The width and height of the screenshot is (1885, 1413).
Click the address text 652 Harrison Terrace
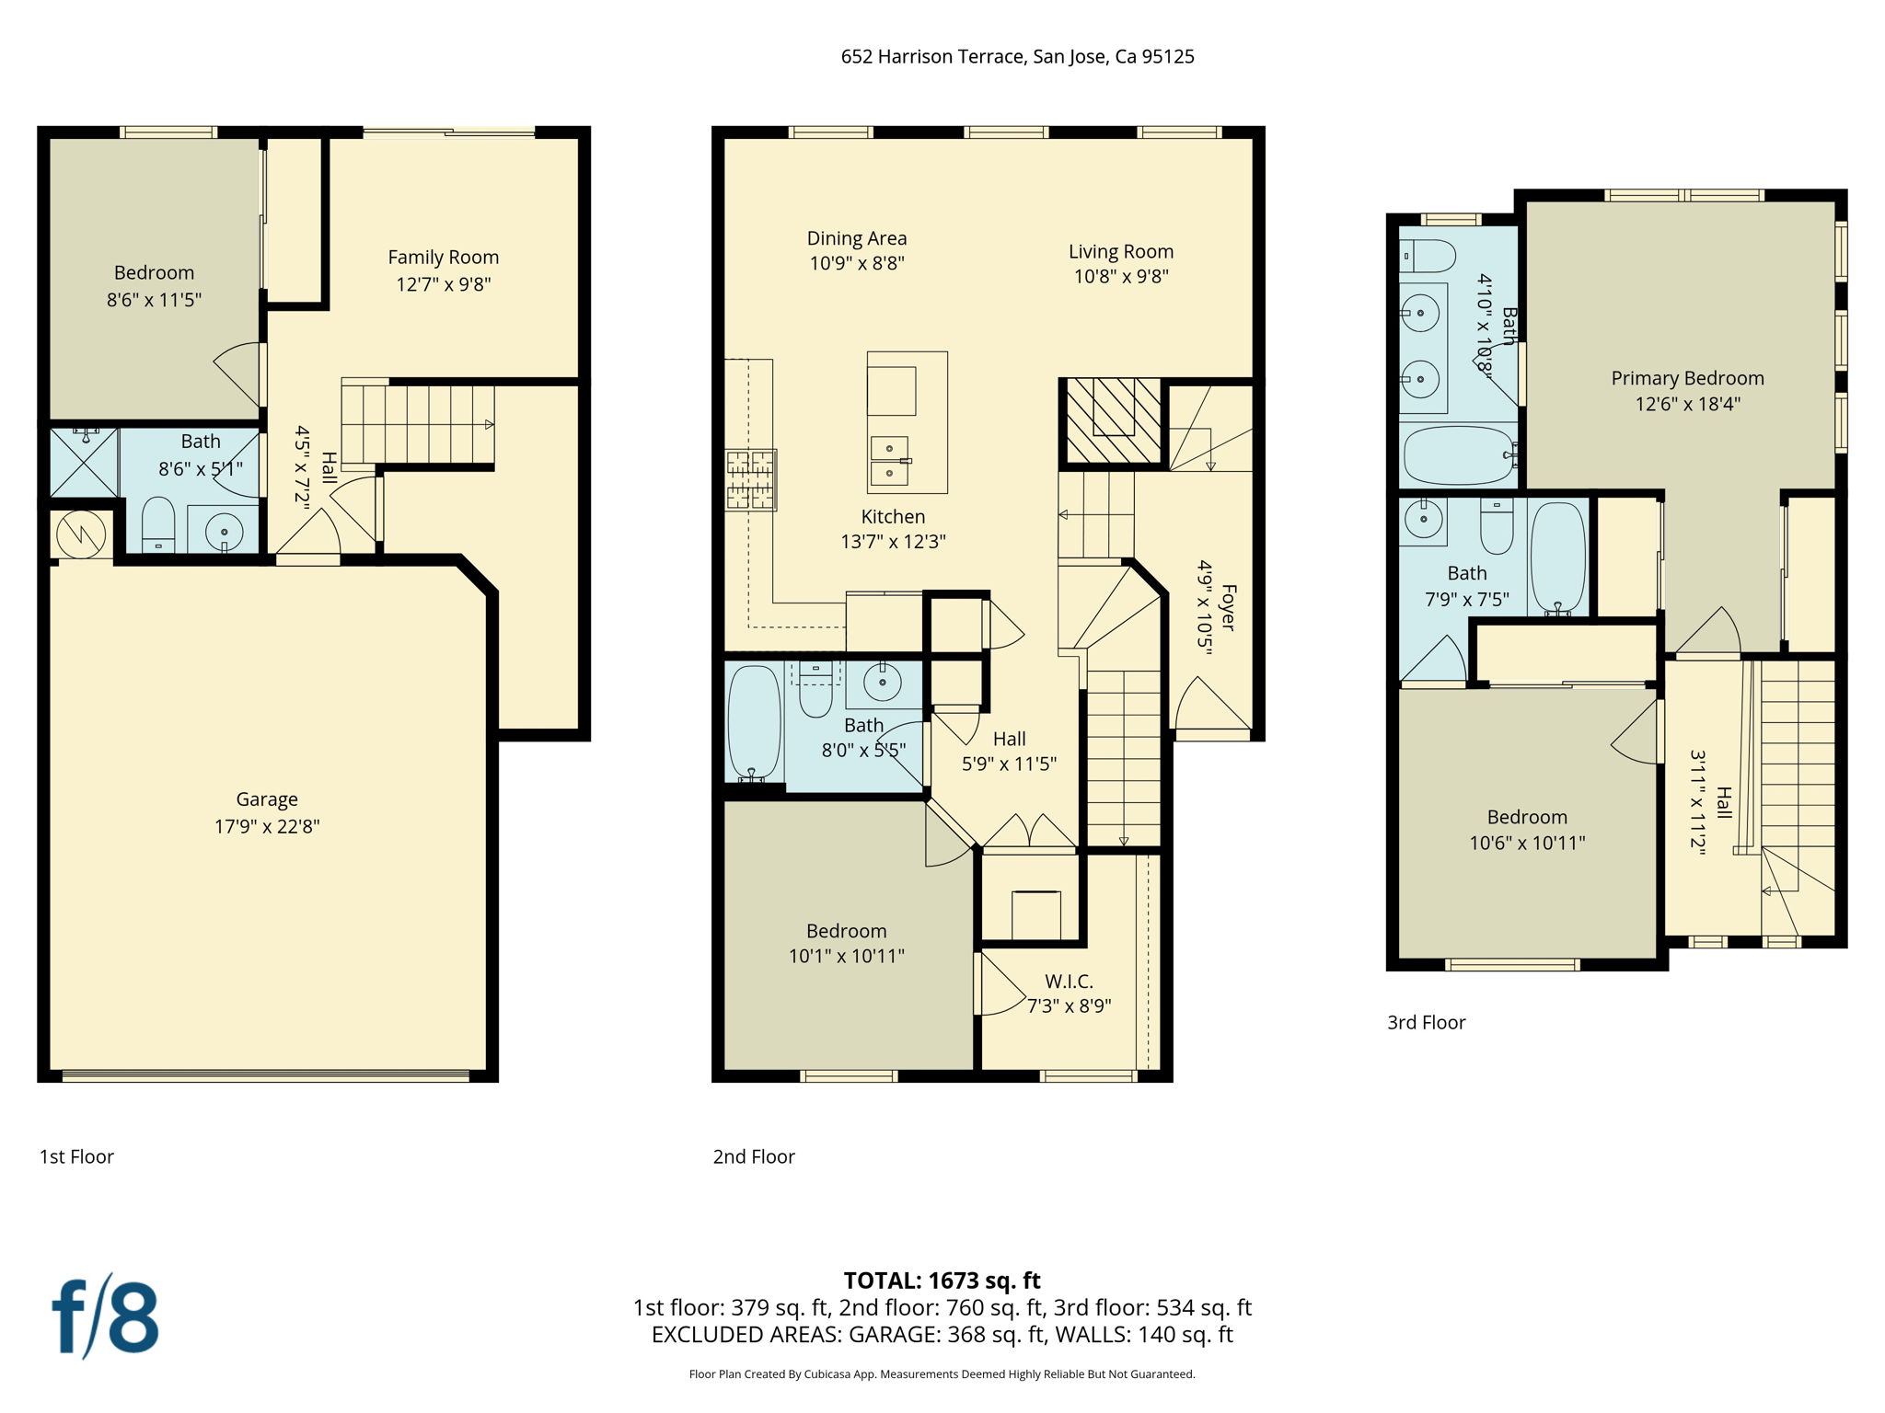[x=932, y=57]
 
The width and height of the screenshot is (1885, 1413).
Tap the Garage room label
[x=267, y=799]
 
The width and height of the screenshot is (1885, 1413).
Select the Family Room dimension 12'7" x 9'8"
[x=443, y=284]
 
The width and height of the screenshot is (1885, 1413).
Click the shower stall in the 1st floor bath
[x=84, y=462]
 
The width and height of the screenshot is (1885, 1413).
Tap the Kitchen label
[x=893, y=517]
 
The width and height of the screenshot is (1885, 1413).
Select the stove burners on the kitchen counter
[x=750, y=479]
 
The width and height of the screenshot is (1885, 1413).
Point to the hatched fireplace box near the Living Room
[x=1113, y=421]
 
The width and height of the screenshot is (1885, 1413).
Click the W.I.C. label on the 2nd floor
[x=1069, y=982]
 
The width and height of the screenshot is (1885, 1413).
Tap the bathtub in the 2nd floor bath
[x=754, y=723]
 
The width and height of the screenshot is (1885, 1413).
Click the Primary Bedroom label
[x=1687, y=378]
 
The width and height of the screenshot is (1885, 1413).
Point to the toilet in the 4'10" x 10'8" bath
[x=1429, y=256]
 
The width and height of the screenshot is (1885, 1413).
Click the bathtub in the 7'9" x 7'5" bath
[x=1557, y=558]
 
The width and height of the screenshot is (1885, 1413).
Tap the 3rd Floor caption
[x=1426, y=1023]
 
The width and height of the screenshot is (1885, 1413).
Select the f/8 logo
[x=105, y=1315]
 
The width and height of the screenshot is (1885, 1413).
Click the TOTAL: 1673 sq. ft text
[x=942, y=1281]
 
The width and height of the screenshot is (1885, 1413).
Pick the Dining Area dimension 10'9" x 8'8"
[x=857, y=263]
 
